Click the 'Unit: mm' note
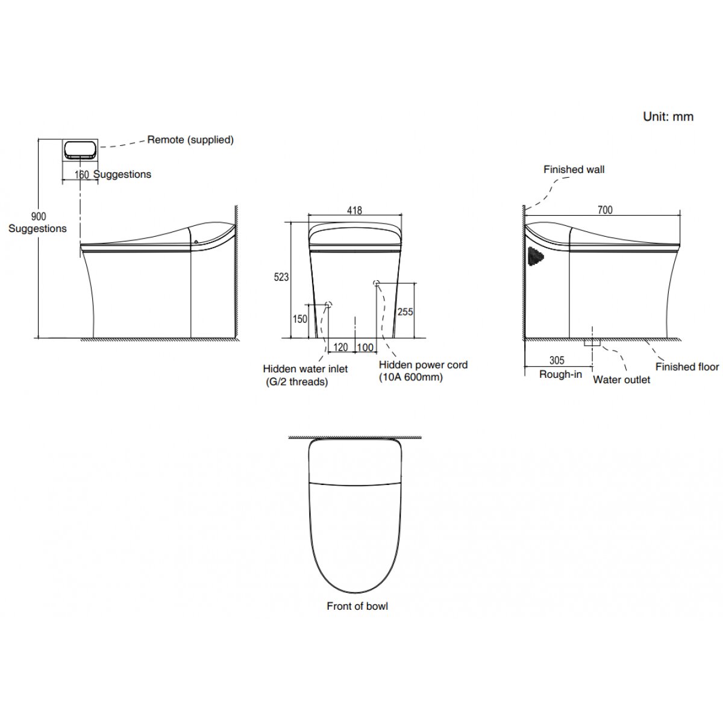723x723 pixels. coord(668,117)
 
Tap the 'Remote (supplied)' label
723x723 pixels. coord(190,140)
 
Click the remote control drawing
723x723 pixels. coord(80,149)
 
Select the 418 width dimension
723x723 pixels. coord(354,210)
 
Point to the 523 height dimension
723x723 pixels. coord(281,277)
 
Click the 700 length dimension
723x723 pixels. coord(605,210)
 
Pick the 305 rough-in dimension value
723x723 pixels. coord(557,360)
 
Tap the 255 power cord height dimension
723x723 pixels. coord(405,311)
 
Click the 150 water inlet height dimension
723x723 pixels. coord(300,319)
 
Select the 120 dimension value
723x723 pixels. coord(340,348)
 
